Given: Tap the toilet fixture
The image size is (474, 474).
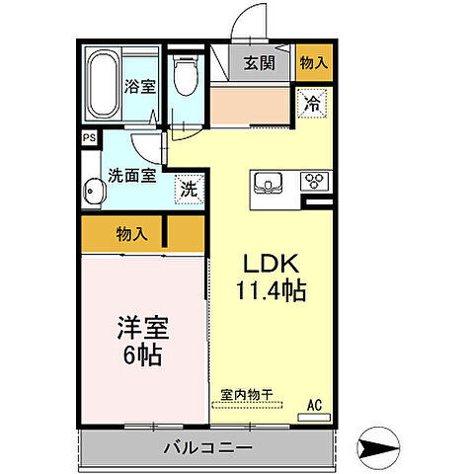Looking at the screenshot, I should [185, 74].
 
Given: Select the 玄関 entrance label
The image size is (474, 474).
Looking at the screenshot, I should [260, 63].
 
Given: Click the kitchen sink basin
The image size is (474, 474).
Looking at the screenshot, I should [270, 182].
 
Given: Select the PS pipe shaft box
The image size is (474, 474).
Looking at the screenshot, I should [89, 137].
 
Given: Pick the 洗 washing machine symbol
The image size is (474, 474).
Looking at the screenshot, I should [188, 188].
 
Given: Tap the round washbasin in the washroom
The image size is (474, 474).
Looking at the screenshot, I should [92, 190].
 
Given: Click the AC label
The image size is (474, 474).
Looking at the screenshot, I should [315, 403].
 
